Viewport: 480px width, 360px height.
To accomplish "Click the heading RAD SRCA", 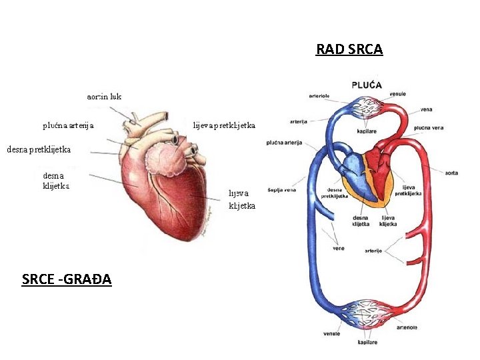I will click(x=349, y=49).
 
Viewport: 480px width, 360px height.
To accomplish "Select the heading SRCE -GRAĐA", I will click(x=67, y=279).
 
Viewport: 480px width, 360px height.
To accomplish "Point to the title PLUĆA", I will click(x=367, y=85).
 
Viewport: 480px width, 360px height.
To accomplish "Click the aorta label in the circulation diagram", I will click(x=451, y=173).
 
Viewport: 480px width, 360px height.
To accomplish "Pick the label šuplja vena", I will click(x=281, y=189).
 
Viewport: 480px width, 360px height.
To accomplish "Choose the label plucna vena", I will click(x=429, y=127).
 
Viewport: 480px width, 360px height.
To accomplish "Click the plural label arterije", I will click(x=373, y=251).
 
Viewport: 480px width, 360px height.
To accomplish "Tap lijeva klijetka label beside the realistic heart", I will click(x=242, y=199).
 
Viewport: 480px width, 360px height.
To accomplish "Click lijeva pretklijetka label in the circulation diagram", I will click(x=407, y=191).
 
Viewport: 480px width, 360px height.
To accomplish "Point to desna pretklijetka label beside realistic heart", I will click(x=39, y=149).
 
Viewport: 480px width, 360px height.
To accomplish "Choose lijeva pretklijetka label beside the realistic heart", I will click(x=224, y=125).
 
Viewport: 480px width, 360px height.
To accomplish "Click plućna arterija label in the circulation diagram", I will click(x=284, y=142).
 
